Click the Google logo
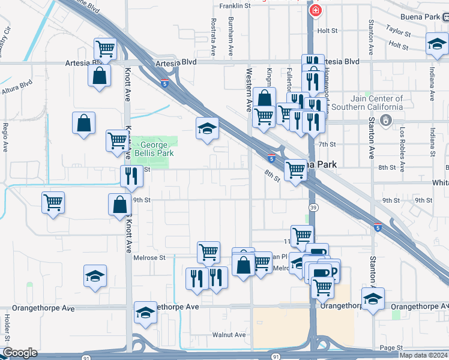point(19,352)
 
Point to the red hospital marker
point(315,10)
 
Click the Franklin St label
point(235,5)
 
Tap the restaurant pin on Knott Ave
point(131,176)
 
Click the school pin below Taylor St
point(436,44)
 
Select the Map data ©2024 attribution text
point(423,355)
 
